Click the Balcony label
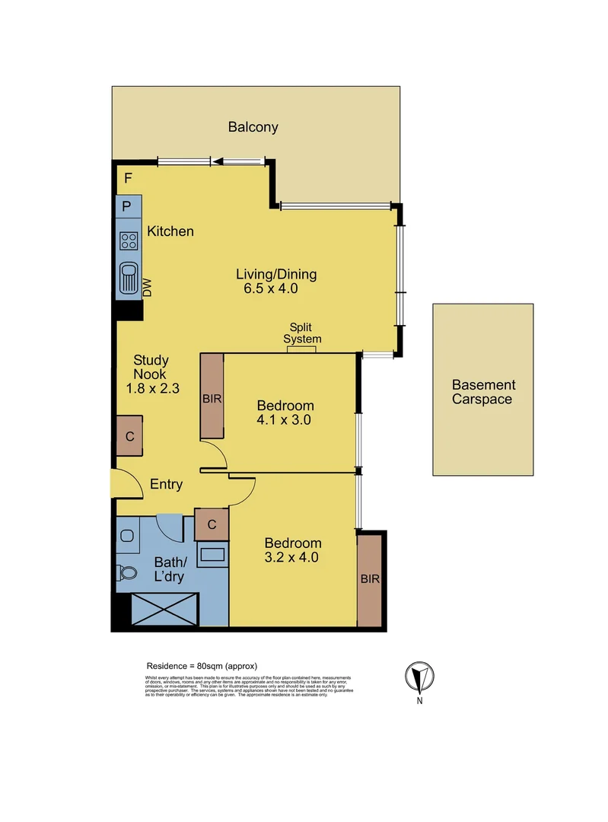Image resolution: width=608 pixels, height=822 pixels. click(x=253, y=127)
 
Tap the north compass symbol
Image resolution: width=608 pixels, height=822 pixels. click(x=419, y=676)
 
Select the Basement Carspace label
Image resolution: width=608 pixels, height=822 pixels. click(x=483, y=392)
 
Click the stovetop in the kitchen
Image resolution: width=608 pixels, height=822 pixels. click(x=129, y=242)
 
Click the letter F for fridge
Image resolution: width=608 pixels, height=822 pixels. click(x=128, y=180)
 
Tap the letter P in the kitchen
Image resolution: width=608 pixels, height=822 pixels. click(x=127, y=206)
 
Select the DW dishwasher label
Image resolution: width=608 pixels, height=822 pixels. click(x=148, y=287)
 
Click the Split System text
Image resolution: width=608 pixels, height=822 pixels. click(x=302, y=333)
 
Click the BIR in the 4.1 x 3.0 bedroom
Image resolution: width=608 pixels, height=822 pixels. click(x=212, y=398)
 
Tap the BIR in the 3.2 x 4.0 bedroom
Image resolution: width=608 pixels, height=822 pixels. click(x=370, y=579)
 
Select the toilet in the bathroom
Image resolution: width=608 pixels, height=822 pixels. click(x=127, y=572)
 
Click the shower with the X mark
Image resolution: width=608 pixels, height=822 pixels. click(x=164, y=610)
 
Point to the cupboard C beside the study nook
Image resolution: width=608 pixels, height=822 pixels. click(x=129, y=437)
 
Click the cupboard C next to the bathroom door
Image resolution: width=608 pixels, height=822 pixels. click(x=212, y=524)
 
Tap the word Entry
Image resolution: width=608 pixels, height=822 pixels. click(x=166, y=484)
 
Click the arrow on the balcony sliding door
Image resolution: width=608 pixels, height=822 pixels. click(x=219, y=161)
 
